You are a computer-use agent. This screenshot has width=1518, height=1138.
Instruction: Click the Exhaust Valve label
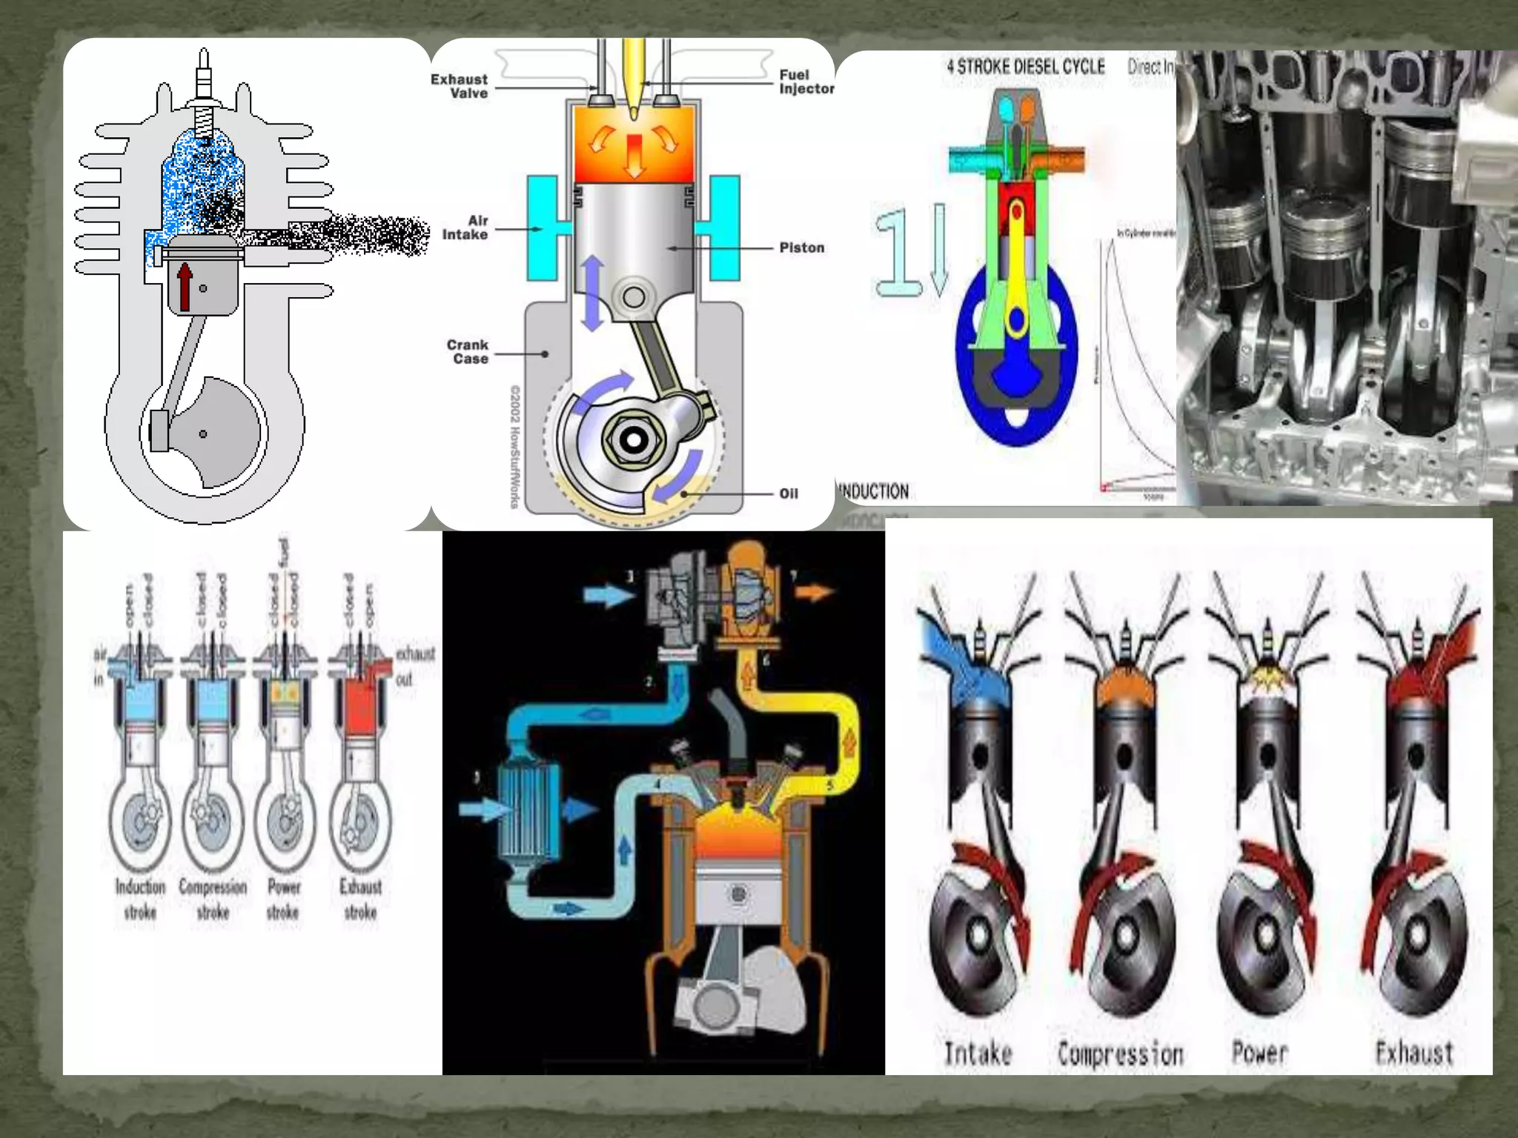coord(460,86)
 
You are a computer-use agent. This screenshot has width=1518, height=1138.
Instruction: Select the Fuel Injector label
coord(806,81)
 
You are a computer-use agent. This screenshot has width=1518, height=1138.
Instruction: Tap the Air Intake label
coord(465,227)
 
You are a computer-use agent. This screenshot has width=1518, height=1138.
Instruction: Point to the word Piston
coord(801,247)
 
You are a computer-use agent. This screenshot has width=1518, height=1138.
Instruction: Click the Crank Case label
coord(468,351)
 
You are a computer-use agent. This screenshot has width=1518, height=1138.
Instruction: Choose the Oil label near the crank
coord(788,493)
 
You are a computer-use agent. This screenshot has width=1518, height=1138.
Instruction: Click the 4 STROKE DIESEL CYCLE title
coord(1025,67)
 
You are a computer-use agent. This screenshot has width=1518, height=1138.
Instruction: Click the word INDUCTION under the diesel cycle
coord(873,491)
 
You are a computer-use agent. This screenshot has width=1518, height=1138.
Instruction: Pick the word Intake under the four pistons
coord(977,1053)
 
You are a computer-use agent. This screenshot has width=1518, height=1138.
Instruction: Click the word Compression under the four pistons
coord(1120,1054)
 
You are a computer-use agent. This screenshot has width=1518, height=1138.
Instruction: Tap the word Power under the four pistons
coord(1259,1052)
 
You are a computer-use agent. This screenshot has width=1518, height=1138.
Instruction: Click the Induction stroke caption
coord(140,899)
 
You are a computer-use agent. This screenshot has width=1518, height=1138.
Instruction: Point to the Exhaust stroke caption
coord(360,899)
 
